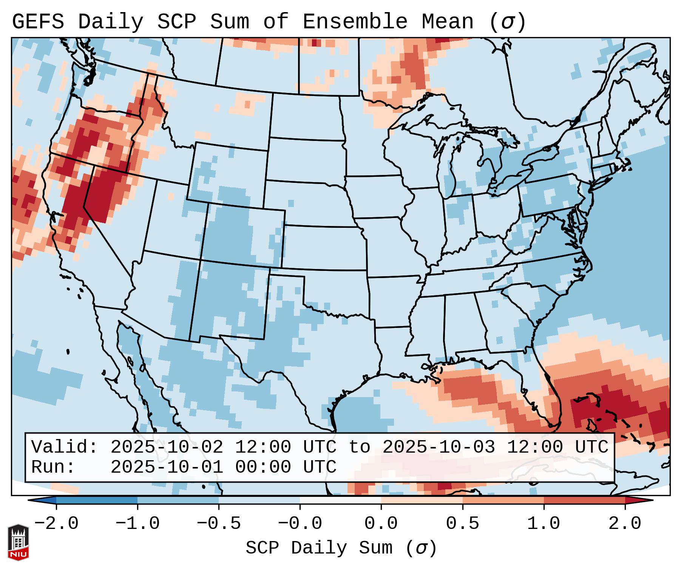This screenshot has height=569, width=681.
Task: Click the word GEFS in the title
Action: coord(38,22)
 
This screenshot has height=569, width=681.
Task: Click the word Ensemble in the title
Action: coord(355,22)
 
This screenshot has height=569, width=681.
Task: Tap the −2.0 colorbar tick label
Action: coord(56,524)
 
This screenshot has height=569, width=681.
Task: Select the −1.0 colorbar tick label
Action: coord(137,524)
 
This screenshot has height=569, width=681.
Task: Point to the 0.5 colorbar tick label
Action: coord(463,524)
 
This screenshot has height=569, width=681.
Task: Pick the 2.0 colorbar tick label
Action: coord(625,524)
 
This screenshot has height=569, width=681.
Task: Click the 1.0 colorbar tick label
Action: coord(544,524)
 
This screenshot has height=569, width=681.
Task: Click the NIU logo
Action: coord(18,542)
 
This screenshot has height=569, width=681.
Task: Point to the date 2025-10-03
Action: coord(439,447)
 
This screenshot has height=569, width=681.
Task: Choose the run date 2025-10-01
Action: coord(167,467)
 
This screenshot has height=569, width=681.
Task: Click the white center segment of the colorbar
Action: coord(340,500)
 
